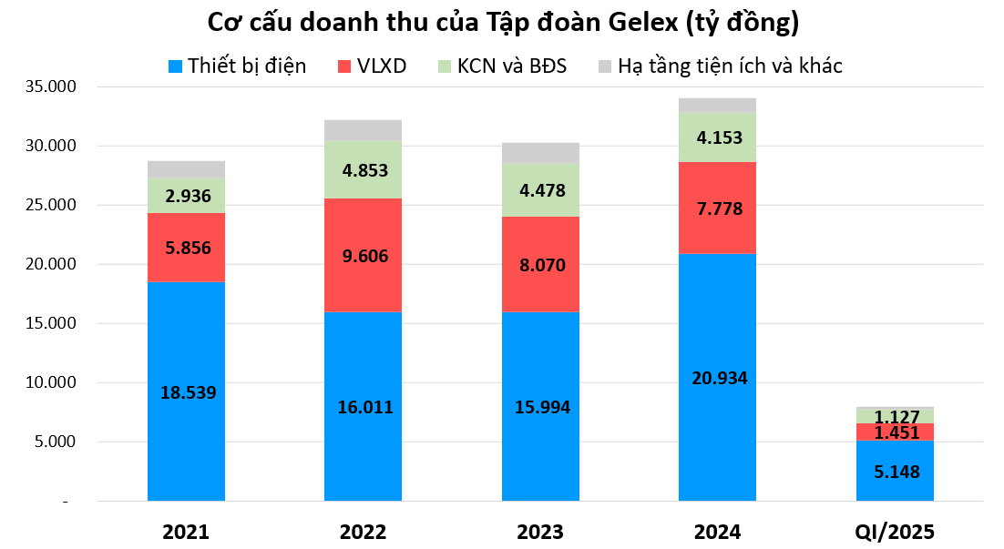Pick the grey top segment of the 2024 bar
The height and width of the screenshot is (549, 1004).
coord(717,105)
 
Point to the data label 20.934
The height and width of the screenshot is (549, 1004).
coord(717,378)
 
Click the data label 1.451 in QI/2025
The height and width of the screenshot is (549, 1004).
coord(895,432)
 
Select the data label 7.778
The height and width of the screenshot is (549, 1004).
coord(717,208)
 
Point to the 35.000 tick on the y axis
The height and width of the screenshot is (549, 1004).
coord(54,87)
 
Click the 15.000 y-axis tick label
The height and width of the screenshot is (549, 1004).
coord(54,324)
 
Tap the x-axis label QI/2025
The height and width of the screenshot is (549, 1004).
coord(895,532)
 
